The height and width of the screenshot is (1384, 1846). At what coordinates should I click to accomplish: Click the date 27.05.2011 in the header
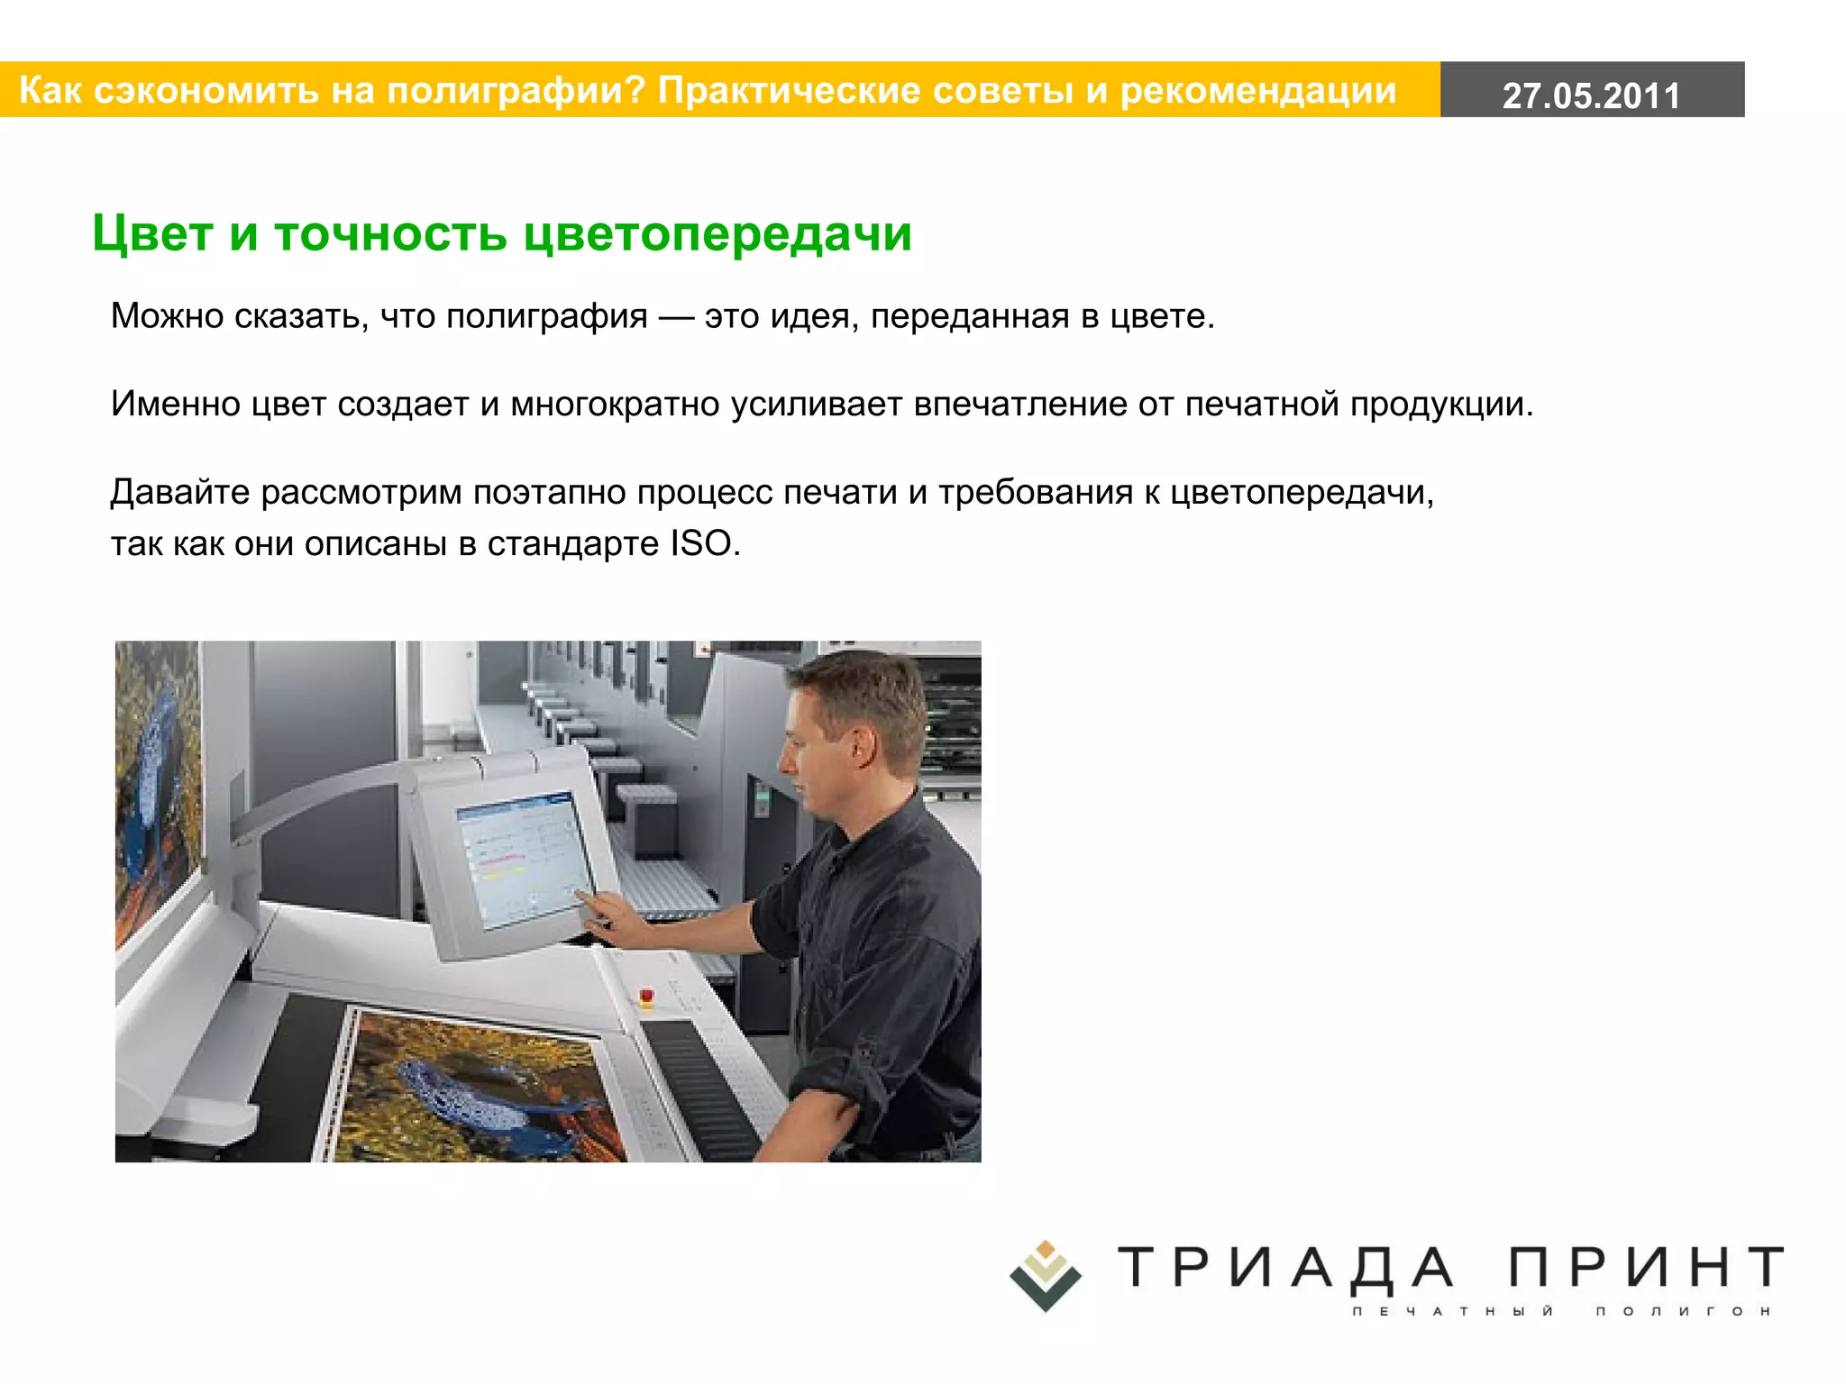pos(1591,96)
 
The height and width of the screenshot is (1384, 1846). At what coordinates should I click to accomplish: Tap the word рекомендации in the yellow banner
pos(1258,90)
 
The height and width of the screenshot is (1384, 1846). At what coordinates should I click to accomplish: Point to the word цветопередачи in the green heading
pos(717,233)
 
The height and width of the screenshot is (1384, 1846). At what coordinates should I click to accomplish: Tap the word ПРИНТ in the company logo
pos(1646,1267)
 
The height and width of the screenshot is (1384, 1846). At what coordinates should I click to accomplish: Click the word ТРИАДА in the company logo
pos(1286,1267)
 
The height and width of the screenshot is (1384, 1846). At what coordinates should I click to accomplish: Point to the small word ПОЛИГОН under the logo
pos(1683,1311)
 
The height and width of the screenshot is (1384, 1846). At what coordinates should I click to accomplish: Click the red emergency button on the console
pos(646,996)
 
